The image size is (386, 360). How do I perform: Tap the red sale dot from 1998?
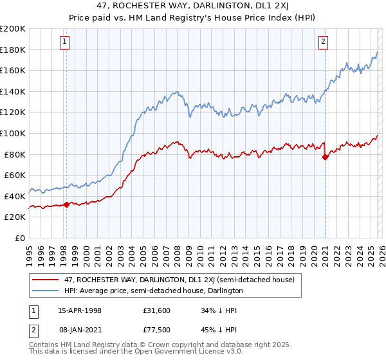point(66,205)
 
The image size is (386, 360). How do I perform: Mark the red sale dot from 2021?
point(325,156)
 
